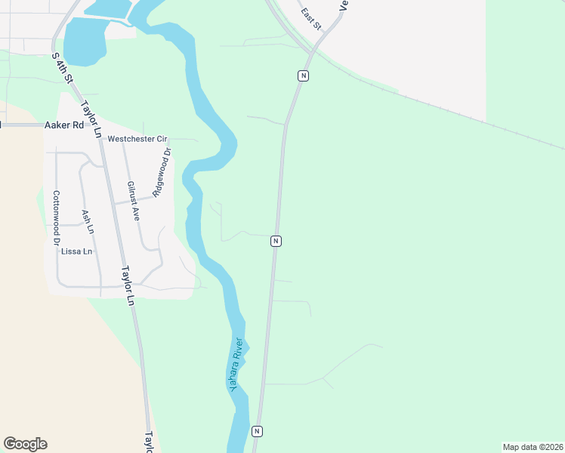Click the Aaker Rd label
click(x=63, y=125)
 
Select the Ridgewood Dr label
click(x=162, y=172)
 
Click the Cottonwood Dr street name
click(x=55, y=219)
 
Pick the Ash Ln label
click(x=88, y=221)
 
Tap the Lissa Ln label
click(x=77, y=251)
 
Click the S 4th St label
click(x=62, y=68)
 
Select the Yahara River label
click(x=239, y=363)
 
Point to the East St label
click(x=310, y=19)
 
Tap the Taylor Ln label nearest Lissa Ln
click(x=127, y=285)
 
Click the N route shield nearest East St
click(x=302, y=75)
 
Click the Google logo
click(x=25, y=444)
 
